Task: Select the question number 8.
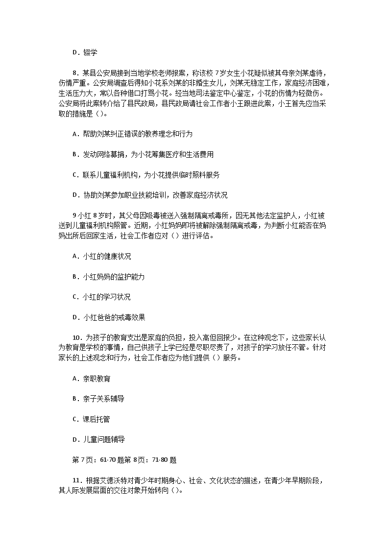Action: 74,72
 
